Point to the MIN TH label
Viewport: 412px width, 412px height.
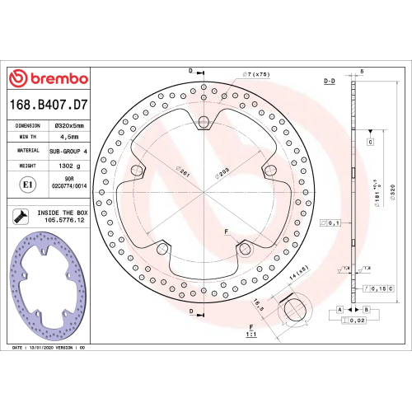point(28,138)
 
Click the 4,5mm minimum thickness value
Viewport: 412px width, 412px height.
point(65,138)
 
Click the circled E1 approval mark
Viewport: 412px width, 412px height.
point(27,185)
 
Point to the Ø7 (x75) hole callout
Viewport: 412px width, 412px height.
point(258,75)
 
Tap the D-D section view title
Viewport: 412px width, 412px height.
point(329,82)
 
